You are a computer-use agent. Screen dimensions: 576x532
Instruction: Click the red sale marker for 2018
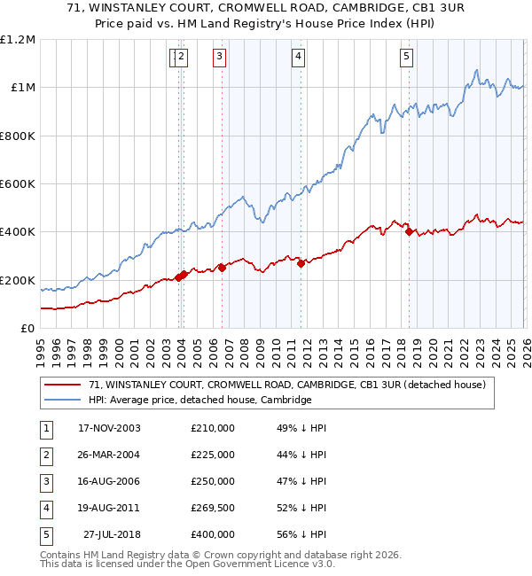(410, 232)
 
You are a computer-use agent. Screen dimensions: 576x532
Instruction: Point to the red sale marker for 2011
(301, 263)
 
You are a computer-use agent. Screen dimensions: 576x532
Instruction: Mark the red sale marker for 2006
(222, 268)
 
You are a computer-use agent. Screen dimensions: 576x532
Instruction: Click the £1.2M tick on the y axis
(18, 40)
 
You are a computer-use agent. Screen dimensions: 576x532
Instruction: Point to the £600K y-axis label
(18, 184)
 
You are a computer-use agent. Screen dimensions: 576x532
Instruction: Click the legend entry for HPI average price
(199, 400)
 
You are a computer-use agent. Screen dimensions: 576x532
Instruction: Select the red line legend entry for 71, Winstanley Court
(286, 385)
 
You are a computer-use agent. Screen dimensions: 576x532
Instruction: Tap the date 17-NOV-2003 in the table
(110, 428)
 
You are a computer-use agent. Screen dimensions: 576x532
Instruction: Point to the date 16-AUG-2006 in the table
(110, 481)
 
